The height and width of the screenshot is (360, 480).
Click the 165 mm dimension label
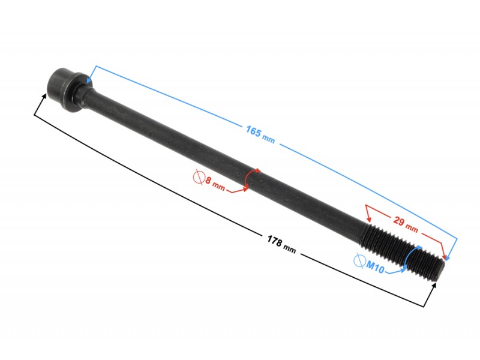(260, 134)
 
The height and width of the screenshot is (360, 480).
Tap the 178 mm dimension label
(281, 244)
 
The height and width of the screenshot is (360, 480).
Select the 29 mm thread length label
(406, 224)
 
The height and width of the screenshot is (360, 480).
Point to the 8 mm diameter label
(215, 184)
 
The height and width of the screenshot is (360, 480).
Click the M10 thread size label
(375, 268)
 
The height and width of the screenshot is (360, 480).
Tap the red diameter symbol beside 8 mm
(199, 178)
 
